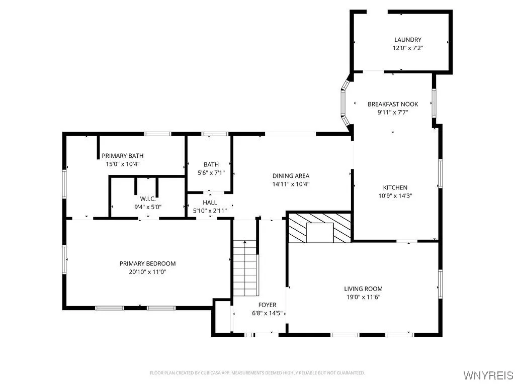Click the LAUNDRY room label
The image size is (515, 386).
pos(407,40)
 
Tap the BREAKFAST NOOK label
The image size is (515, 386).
pos(392,104)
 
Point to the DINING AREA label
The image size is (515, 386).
pos(291,176)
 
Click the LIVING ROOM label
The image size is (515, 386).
pos(363,288)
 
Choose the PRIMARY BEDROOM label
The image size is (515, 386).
pos(147,263)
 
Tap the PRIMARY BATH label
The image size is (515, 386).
pos(122,156)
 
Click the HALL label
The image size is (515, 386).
pos(210,203)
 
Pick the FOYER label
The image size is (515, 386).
pos(267,305)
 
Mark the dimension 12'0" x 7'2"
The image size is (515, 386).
pos(407,48)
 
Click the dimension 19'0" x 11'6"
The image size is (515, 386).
pos(363,297)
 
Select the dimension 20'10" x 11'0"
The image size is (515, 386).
pos(147,272)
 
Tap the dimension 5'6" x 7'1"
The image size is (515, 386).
pos(211,173)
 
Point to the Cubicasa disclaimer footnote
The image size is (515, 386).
pos(257,373)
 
